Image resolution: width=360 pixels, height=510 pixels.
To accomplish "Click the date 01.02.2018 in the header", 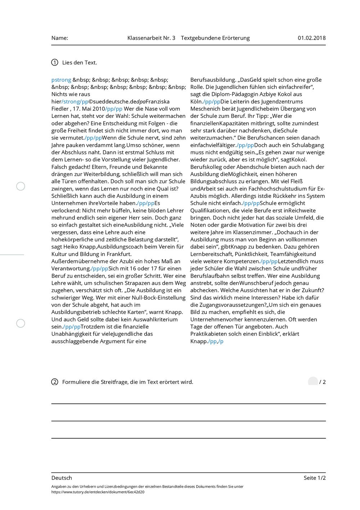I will point(311,38).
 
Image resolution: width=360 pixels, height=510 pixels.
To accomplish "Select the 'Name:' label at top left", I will point(60,38).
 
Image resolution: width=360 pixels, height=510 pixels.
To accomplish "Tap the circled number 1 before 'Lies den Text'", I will point(55,62).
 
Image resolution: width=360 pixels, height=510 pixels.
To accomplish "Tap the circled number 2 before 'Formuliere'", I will point(55,382).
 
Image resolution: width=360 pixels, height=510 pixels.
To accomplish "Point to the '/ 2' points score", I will point(322,382).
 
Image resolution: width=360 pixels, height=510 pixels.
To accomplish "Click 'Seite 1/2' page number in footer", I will point(314,478).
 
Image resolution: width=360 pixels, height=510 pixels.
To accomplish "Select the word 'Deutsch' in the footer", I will point(62,478).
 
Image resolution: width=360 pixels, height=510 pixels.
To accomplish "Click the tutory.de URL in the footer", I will point(98,492).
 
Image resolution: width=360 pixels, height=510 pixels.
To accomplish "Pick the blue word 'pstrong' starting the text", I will point(61,80).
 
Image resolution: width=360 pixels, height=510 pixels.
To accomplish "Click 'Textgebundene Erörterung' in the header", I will point(215,38).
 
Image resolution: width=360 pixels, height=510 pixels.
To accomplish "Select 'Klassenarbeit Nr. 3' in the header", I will point(151,38).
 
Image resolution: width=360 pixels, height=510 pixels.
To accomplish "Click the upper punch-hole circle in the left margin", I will point(21,186).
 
